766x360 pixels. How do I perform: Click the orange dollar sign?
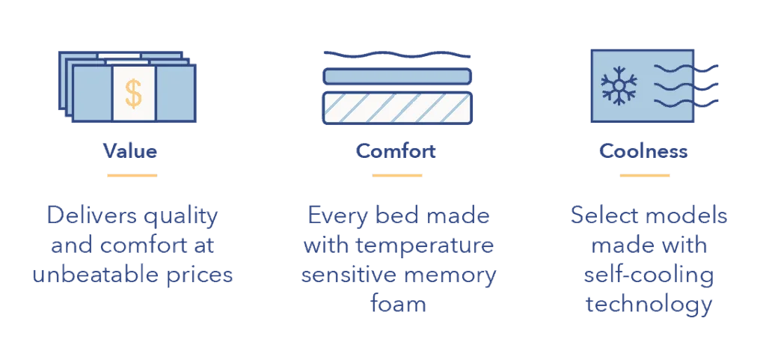133,94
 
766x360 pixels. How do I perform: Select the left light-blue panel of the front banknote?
93,93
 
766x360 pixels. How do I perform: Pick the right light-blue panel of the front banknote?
175,93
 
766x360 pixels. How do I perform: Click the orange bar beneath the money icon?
132,177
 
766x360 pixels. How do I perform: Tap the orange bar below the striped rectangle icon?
398,177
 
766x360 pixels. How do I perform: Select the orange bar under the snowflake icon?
643,177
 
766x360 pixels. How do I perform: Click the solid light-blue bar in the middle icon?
397,76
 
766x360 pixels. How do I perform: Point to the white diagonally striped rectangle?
397,108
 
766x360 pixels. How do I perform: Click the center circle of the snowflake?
619,85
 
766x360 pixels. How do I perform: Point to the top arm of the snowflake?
619,73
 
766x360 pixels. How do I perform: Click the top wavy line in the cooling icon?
672,70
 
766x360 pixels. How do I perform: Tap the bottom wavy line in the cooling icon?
672,103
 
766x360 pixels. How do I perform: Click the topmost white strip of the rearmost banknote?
119,55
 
